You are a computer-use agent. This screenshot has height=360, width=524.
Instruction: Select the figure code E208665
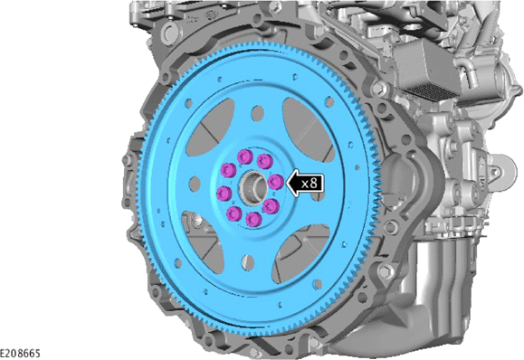pyautogui.click(x=20, y=354)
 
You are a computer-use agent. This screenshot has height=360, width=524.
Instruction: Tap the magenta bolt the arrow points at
pyautogui.click(x=276, y=182)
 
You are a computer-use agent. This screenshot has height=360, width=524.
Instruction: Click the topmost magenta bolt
pyautogui.click(x=245, y=156)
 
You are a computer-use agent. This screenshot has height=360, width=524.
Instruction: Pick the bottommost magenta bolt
pyautogui.click(x=253, y=219)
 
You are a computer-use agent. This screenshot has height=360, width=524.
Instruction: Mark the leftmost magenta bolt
pyautogui.click(x=224, y=194)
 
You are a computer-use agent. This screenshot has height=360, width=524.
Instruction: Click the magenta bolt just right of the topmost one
pyautogui.click(x=265, y=161)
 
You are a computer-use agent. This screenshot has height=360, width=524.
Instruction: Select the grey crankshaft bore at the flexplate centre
pyautogui.click(x=253, y=188)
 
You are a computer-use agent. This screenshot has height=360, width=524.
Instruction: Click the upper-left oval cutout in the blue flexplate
pyautogui.click(x=210, y=128)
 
